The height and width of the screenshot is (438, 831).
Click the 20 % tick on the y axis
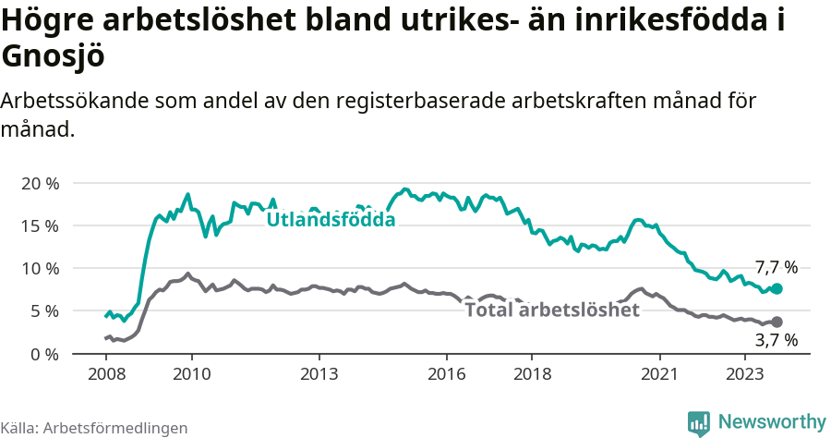[40, 183]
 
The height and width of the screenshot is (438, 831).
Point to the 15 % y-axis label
[40, 225]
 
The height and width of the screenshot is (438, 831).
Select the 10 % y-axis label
[40, 268]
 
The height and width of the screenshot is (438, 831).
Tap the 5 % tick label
[44, 311]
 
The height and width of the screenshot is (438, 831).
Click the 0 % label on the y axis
[44, 354]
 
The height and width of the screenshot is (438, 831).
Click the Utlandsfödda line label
[331, 220]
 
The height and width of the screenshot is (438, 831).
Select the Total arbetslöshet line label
[552, 310]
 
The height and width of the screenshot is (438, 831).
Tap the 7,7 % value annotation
[776, 267]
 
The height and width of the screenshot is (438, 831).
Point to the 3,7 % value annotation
[776, 340]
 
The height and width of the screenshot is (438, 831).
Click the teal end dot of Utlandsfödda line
[777, 289]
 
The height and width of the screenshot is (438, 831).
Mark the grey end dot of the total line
[777, 322]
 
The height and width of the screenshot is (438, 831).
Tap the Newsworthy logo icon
[699, 422]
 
